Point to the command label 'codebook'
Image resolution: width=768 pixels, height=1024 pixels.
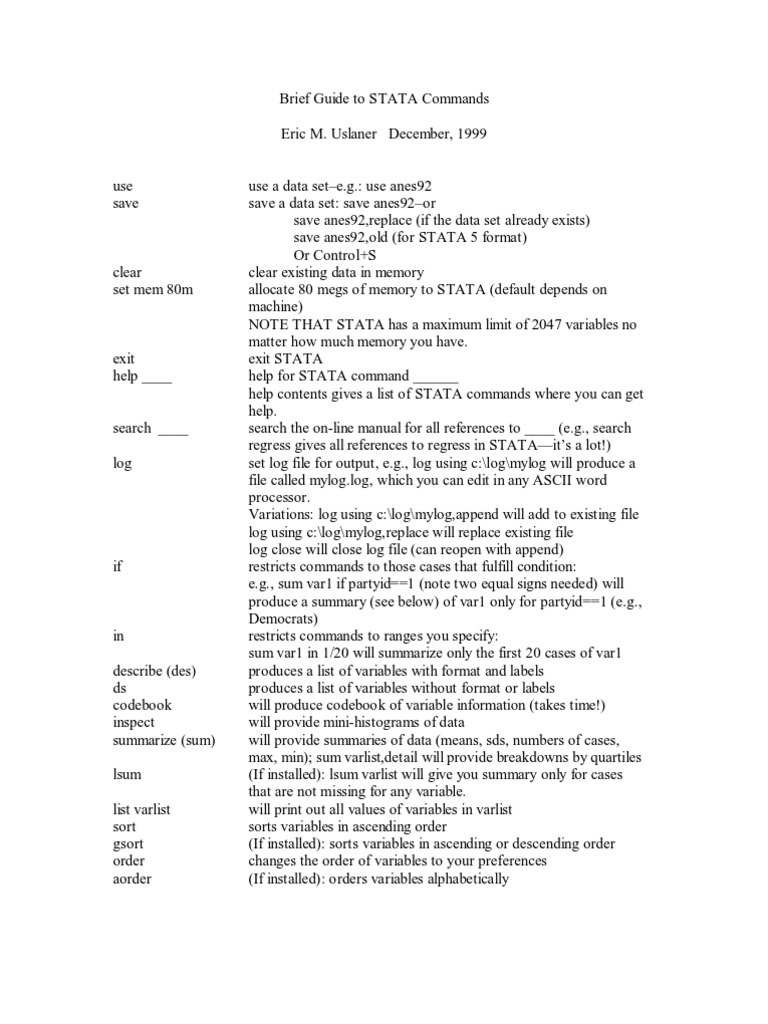[142, 705]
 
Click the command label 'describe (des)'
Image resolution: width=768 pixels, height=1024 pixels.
[155, 670]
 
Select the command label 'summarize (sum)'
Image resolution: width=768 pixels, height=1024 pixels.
[164, 740]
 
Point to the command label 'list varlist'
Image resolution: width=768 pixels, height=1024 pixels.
[142, 809]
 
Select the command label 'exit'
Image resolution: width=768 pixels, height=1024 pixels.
[124, 359]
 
